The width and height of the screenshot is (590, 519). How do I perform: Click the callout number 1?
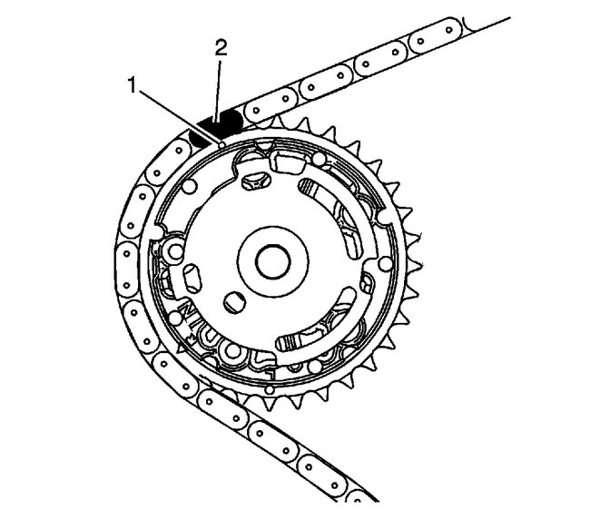[132, 85]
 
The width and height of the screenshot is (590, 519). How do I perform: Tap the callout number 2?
[221, 48]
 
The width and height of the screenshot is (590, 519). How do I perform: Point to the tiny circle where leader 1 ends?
[222, 145]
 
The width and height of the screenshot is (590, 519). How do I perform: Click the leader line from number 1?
[178, 115]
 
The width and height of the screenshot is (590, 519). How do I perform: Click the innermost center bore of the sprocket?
[273, 261]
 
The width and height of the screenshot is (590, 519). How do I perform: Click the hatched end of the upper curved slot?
[310, 185]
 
